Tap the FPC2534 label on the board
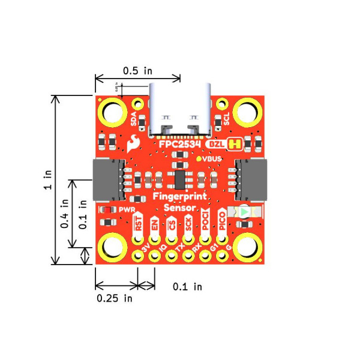[x=179, y=145]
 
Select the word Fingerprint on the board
[x=180, y=197]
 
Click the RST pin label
[x=139, y=224]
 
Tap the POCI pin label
[x=205, y=222]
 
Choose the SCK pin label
[x=188, y=224]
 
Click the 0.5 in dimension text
[x=137, y=70]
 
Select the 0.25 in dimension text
[x=115, y=298]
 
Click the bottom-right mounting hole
[x=247, y=247]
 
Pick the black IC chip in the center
[x=179, y=179]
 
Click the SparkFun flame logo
[x=133, y=143]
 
